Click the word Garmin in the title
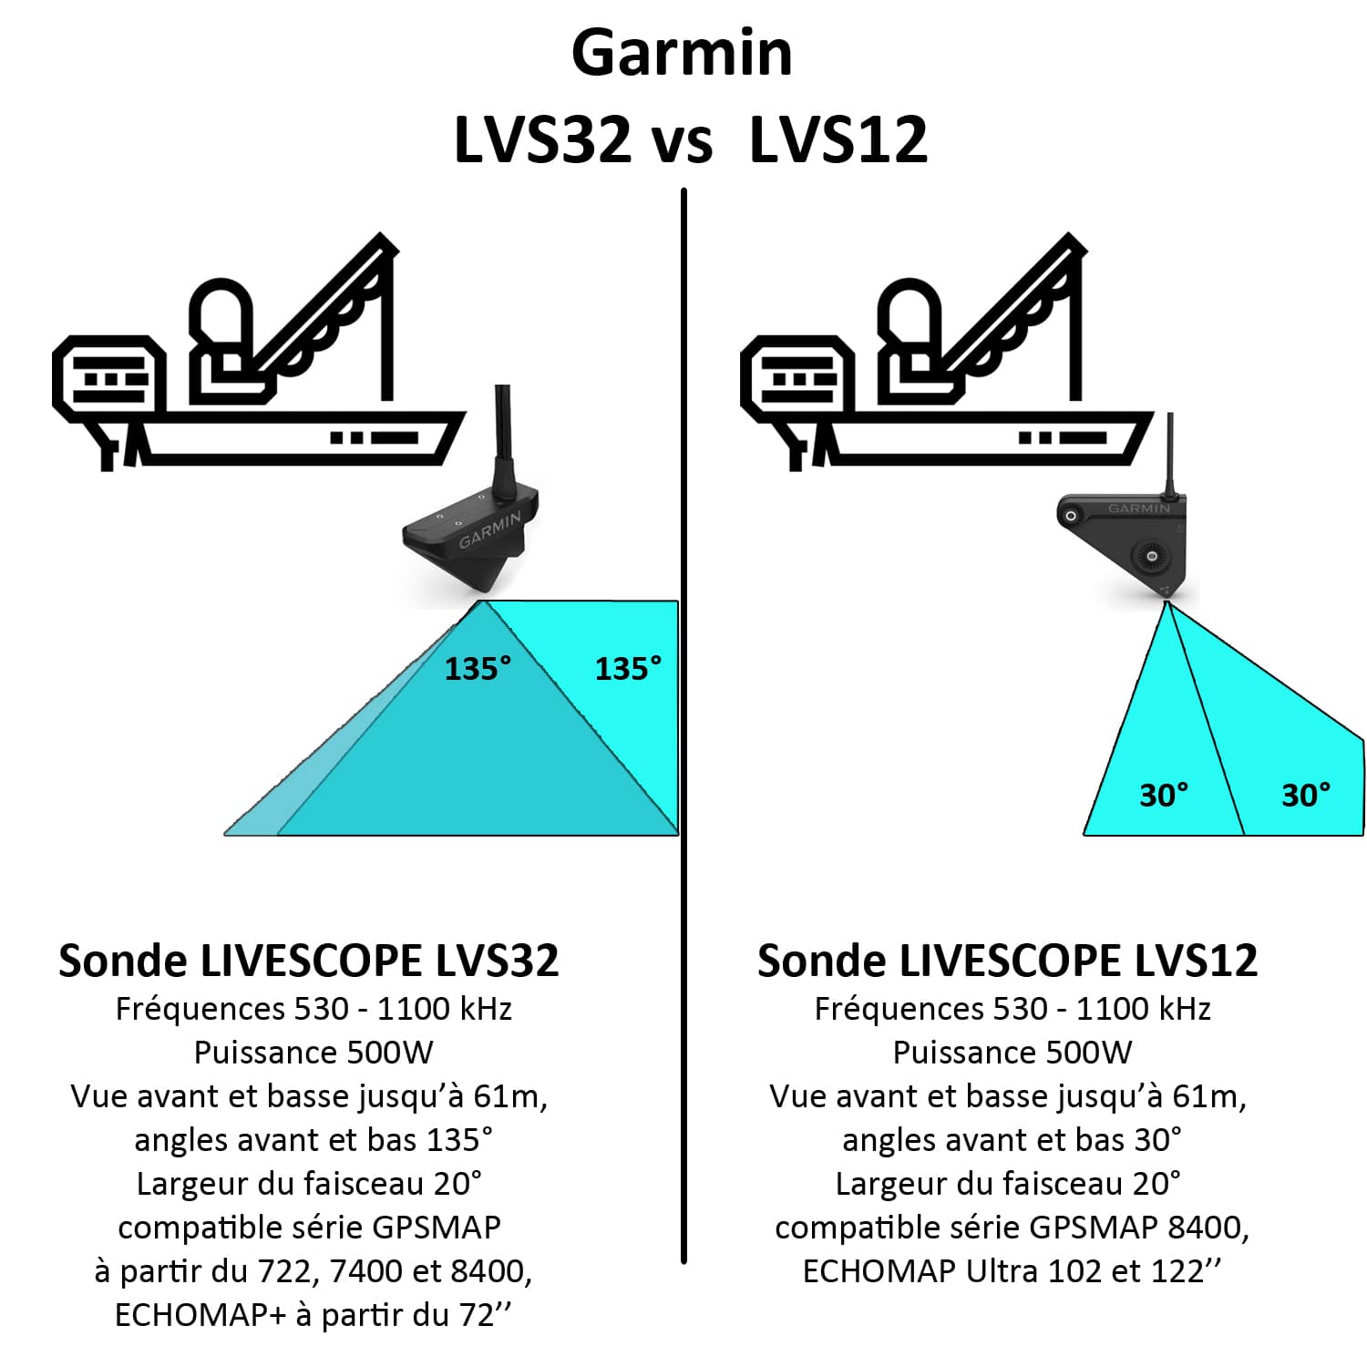pos(682,53)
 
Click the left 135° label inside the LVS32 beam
pos(478,669)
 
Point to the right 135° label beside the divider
pos(628,669)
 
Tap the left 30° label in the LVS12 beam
pos(1164,795)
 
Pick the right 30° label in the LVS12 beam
pos(1305,795)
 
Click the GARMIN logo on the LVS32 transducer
pos(489,529)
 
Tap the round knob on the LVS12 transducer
pos(1152,555)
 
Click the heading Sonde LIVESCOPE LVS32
pos(308,961)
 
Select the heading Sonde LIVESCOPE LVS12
pos(1007,961)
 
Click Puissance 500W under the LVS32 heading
pos(313,1053)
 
